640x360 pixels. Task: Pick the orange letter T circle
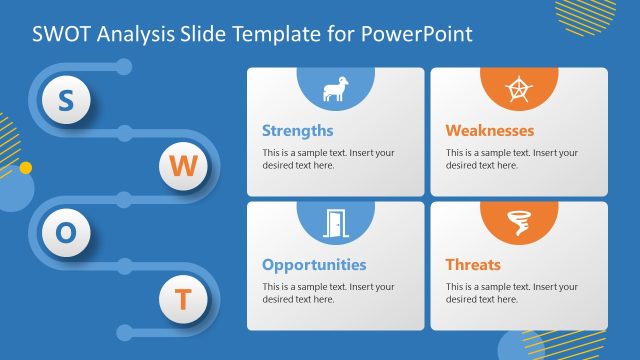pos(183,299)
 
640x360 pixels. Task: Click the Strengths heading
pos(297,130)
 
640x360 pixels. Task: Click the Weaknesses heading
pos(490,130)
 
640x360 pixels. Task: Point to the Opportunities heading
pos(314,265)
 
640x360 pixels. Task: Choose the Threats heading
pos(473,265)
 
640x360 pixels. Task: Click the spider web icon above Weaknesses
pos(519,91)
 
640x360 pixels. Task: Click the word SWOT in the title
pos(63,33)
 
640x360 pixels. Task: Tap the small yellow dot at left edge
pos(26,167)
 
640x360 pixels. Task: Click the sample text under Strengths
pos(328,159)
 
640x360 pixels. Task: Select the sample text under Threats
pos(512,293)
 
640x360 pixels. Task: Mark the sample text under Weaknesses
pos(512,159)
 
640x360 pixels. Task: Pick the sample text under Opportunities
pos(328,293)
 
